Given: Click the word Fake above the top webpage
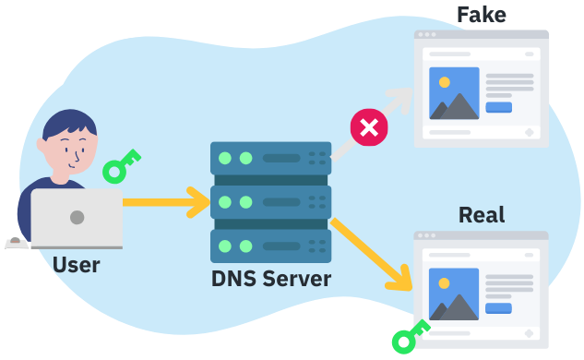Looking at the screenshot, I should coord(482,14).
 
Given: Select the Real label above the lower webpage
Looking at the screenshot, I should coord(482,215).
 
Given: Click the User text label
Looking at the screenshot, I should coord(76,266).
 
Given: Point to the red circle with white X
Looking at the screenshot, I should coord(369,127).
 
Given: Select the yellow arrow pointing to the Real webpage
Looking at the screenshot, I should coord(374,253).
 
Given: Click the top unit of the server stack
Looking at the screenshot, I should coord(270,158).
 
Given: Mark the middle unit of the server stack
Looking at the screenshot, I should coord(270,201).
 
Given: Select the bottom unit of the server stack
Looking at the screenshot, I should coord(270,246).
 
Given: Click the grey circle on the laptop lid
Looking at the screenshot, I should coord(77,218).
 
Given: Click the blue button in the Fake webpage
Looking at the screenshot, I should coord(498,107).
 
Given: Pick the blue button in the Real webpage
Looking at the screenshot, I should coord(498,308).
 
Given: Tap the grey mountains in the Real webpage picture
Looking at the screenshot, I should coord(454,307).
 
